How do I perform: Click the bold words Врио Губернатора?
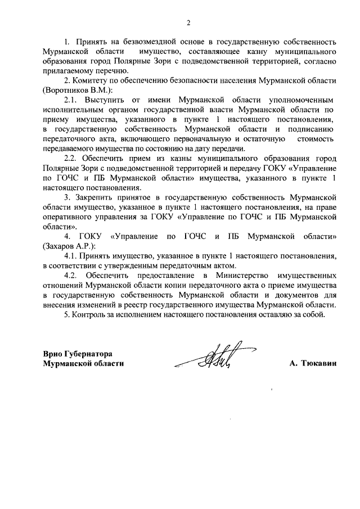(x=78, y=354)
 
